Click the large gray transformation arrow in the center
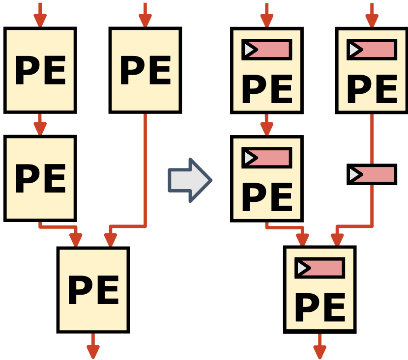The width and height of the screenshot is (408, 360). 190,180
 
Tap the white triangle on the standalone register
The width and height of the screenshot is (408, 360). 354,174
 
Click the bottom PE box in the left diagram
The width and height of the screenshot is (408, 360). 93,290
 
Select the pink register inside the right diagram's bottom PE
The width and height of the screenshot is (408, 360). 320,268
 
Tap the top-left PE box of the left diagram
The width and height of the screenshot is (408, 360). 40,70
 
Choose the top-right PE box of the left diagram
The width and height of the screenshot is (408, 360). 145,70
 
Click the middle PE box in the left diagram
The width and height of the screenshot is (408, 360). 40,178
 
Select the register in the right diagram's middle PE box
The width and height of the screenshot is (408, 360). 266,158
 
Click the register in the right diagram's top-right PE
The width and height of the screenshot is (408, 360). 372,50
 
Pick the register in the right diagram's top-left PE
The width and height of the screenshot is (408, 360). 266,50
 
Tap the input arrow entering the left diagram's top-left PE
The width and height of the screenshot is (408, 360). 40,15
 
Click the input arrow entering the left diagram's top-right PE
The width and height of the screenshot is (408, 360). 145,15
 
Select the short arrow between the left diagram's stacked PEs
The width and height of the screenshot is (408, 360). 40,124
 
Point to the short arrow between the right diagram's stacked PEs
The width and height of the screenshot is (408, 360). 266,125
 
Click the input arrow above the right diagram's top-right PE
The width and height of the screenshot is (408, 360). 372,15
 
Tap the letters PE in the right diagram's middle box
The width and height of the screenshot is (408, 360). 266,197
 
